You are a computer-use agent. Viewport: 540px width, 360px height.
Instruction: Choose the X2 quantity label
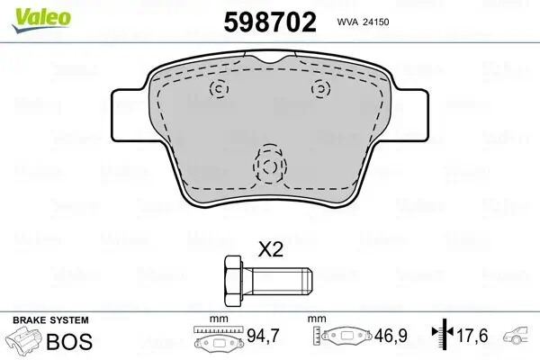pos(271,249)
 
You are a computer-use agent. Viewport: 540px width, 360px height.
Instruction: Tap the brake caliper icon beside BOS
pos(25,342)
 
